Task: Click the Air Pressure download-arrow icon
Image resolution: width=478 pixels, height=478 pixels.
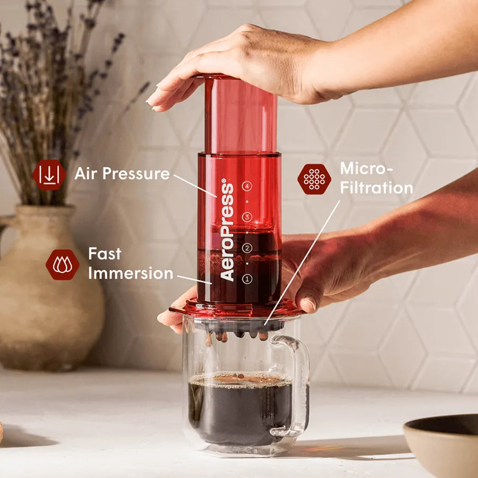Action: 49,175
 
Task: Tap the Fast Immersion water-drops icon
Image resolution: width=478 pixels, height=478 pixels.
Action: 63,264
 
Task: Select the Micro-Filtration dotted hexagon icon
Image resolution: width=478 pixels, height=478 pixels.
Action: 314,180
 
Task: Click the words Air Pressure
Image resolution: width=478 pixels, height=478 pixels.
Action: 122,174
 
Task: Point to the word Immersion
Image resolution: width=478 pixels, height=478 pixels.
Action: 131,273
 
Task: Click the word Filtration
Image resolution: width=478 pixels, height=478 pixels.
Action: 377,187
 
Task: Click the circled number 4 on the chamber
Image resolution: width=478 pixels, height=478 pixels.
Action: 247,186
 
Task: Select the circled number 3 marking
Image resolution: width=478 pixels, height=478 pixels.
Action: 247,217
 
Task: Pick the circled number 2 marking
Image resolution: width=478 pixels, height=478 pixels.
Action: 247,248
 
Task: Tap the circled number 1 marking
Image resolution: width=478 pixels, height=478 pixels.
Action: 247,279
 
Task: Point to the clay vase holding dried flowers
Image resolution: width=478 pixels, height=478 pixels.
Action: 46,289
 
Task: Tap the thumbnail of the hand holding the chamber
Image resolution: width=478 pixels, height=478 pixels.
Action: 308,304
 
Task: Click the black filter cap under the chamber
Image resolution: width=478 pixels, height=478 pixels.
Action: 240,325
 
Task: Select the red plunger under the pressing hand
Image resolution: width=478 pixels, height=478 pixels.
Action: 240,114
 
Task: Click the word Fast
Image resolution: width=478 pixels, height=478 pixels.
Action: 105,254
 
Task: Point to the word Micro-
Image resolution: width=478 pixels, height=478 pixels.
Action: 366,168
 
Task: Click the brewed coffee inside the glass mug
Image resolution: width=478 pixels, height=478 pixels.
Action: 240,408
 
